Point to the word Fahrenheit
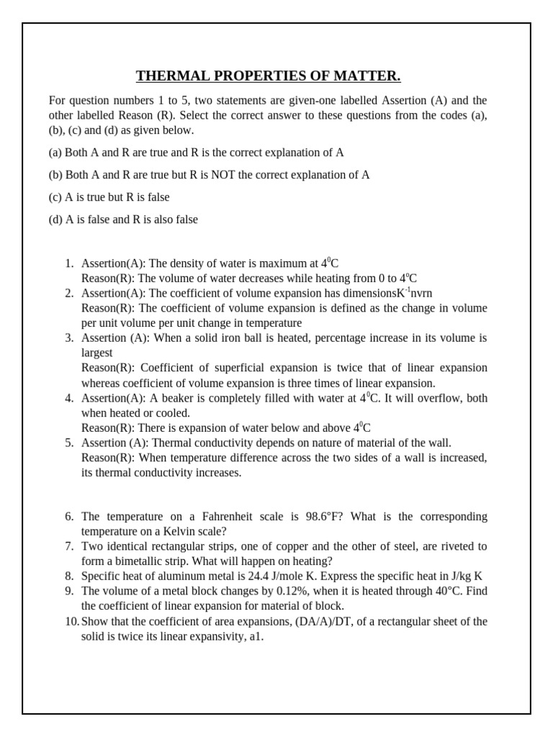click(217, 517)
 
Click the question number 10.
click(71, 621)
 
